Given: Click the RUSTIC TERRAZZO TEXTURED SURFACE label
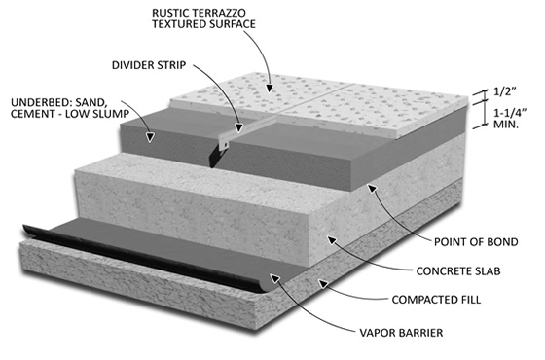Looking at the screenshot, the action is coord(203,18).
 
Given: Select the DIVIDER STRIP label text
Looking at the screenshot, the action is coord(149,65).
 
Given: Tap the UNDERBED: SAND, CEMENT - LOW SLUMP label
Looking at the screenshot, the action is coord(70,108).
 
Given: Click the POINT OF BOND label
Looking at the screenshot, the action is coord(476,242).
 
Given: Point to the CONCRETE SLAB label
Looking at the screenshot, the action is coord(458,271).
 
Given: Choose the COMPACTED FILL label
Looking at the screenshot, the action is coord(436,300).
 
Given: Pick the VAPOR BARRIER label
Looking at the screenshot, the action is coord(401,333).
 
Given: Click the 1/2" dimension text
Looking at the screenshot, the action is coord(505,91).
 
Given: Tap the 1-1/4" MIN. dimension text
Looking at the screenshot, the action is coord(510,119).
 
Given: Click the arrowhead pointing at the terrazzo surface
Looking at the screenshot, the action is coord(269,89).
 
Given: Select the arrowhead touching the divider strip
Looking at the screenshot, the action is coord(238,127).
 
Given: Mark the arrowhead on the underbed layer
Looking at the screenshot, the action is coord(150,137).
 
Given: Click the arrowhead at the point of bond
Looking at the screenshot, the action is coord(372,188).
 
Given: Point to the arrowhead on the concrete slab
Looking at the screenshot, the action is coord(332,239).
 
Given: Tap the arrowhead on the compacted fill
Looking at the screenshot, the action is coord(323,284).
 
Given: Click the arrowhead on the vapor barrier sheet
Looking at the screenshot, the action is coord(275,278).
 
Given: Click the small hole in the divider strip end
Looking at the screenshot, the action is coord(226,144).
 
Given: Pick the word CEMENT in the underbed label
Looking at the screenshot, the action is coord(31,114).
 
